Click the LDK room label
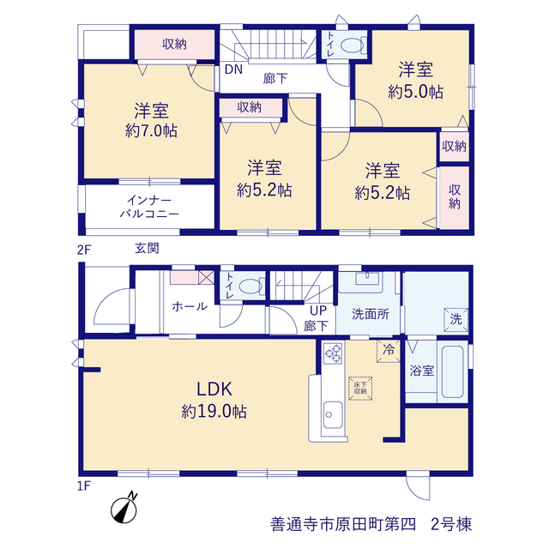tap(214, 389)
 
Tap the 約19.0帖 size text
tap(214, 412)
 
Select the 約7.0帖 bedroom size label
tap(151, 130)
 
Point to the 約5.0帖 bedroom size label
tap(415, 92)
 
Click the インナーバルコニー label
tap(149, 207)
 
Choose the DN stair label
tap(233, 69)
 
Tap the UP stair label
tap(318, 311)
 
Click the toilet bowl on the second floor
tap(353, 45)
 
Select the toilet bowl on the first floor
tap(250, 287)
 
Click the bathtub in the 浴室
tap(452, 371)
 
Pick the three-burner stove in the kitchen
tap(333, 353)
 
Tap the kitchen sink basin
tap(333, 414)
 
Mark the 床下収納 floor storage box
tap(360, 389)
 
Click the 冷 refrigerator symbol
tap(389, 351)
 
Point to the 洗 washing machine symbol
tap(455, 319)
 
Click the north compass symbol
tap(124, 508)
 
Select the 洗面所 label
tap(371, 314)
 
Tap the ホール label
tap(190, 307)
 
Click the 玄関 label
tap(147, 248)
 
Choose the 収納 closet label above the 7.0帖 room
tap(174, 44)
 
